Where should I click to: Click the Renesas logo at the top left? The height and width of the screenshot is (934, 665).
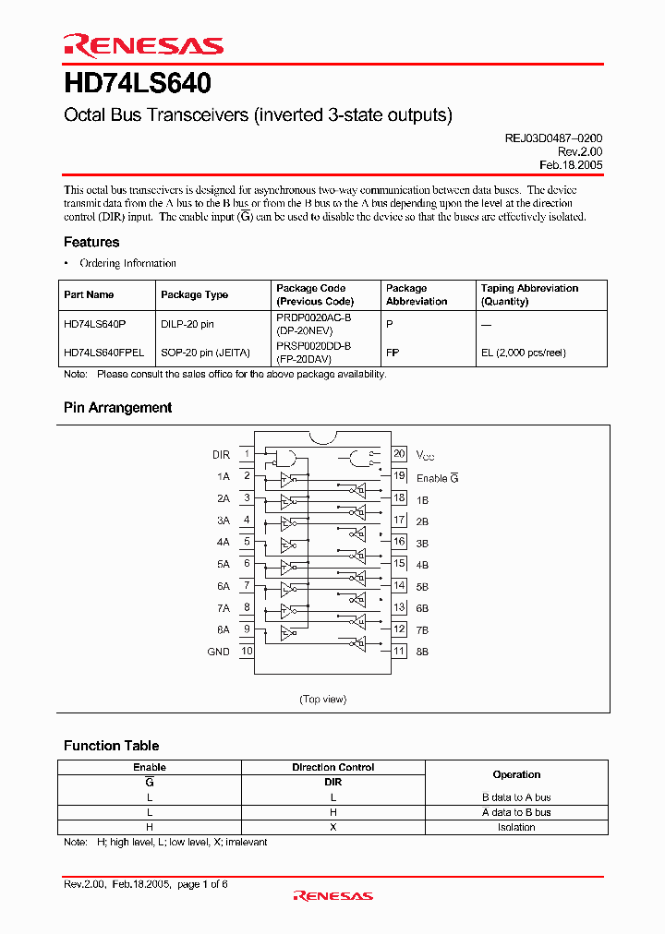(143, 45)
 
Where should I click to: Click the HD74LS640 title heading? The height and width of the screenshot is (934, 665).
(138, 85)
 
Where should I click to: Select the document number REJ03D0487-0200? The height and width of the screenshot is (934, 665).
(552, 138)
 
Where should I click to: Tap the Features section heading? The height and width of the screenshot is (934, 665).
(91, 242)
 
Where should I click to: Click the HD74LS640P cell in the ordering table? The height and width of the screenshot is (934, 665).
(95, 324)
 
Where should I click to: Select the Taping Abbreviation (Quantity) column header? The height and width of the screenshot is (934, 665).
(529, 294)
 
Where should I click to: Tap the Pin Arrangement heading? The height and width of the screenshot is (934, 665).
(117, 407)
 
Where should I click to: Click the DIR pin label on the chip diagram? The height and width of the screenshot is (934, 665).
(221, 454)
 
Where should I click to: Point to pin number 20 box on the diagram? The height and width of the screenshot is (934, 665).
(399, 453)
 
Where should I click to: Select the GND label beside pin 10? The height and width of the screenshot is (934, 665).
(218, 652)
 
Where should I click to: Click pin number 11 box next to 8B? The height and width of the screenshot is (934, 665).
(399, 651)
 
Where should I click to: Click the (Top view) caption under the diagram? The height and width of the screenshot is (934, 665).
(322, 699)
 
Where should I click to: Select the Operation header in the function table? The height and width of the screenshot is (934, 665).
(516, 774)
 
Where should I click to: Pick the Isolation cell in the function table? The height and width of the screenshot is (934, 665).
(516, 827)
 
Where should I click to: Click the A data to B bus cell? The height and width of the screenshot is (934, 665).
(516, 812)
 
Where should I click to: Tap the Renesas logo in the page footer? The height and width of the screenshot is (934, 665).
(332, 895)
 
